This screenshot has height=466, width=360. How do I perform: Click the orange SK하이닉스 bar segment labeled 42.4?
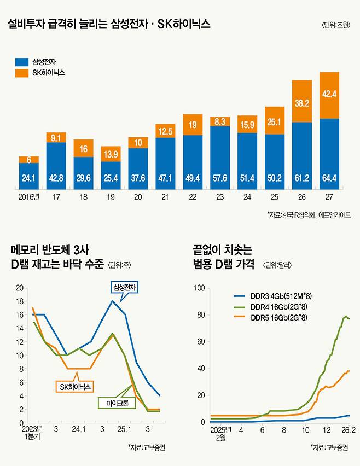(329, 95)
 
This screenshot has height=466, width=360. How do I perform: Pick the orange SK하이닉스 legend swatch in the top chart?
(21, 72)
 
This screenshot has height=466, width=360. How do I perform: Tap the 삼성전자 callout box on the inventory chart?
(125, 287)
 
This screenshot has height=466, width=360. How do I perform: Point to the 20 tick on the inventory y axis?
(21, 288)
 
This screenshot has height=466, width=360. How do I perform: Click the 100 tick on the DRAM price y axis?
(200, 288)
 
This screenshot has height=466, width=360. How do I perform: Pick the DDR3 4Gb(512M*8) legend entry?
(277, 296)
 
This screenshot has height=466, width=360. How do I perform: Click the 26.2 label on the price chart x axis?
(350, 430)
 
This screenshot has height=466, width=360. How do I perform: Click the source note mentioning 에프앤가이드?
(309, 215)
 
